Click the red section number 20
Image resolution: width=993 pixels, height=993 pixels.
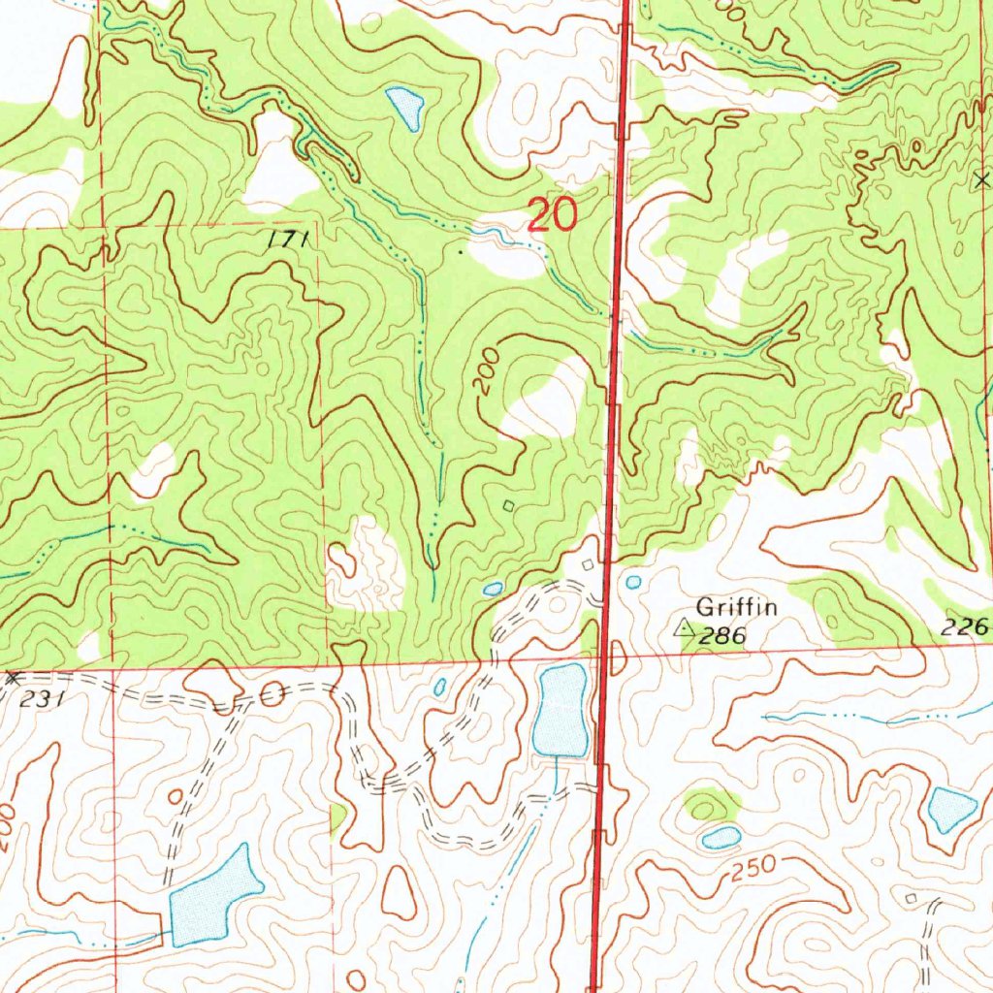point(552,214)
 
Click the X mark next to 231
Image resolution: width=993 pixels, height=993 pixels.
point(13,678)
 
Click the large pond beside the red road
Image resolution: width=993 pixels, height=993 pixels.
point(562,710)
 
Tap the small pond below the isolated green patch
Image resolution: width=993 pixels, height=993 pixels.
point(721,837)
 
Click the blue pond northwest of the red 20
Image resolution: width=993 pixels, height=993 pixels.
point(405,107)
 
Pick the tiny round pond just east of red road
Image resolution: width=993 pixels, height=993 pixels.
point(634,582)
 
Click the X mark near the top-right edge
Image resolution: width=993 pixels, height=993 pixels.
point(980,179)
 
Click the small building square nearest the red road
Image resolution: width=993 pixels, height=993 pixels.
point(587,563)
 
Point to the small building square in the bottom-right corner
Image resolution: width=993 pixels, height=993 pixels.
point(911,900)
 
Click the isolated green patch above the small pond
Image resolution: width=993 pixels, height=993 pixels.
point(711,804)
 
